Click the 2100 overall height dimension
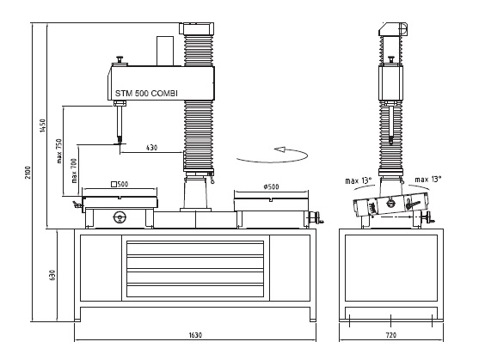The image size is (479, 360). pyautogui.click(x=28, y=173)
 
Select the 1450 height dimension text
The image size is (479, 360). pyautogui.click(x=43, y=125)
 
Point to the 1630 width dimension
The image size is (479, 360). pyautogui.click(x=195, y=335)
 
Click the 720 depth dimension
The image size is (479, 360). pyautogui.click(x=391, y=335)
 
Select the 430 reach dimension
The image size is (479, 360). pyautogui.click(x=151, y=148)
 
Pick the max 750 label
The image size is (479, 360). pyautogui.click(x=59, y=151)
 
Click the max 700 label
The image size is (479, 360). pyautogui.click(x=74, y=171)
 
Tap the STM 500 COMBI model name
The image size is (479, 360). pyautogui.click(x=146, y=93)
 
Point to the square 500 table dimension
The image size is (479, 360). pyautogui.click(x=120, y=184)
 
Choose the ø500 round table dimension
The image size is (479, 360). pyautogui.click(x=271, y=186)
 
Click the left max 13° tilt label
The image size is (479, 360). pyautogui.click(x=359, y=180)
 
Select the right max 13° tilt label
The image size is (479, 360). pyautogui.click(x=427, y=180)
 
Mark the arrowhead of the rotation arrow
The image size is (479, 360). pyautogui.click(x=279, y=149)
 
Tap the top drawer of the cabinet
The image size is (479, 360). pyautogui.click(x=195, y=248)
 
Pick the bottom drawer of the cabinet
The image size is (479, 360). pyautogui.click(x=195, y=290)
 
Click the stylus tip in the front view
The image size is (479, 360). pyautogui.click(x=120, y=143)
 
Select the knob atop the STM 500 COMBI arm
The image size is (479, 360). pyautogui.click(x=119, y=59)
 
